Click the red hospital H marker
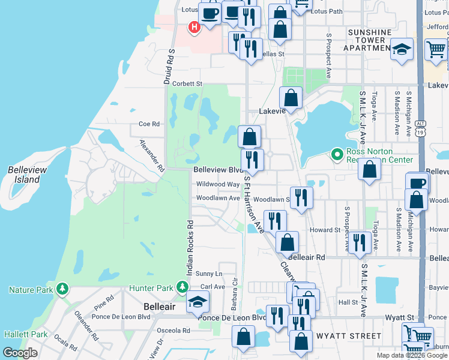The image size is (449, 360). point(194,28)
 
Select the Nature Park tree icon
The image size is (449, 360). point(62,290)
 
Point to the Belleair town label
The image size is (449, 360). point(159,306)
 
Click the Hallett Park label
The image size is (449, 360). point(25,334)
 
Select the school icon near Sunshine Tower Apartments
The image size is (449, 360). point(402,50)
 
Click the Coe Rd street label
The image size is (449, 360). point(149,124)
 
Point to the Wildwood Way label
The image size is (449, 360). point(217,184)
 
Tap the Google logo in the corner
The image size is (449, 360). point(20,353)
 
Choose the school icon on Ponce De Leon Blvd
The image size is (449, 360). point(196,303)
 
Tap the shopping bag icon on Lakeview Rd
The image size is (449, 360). point(291,100)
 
